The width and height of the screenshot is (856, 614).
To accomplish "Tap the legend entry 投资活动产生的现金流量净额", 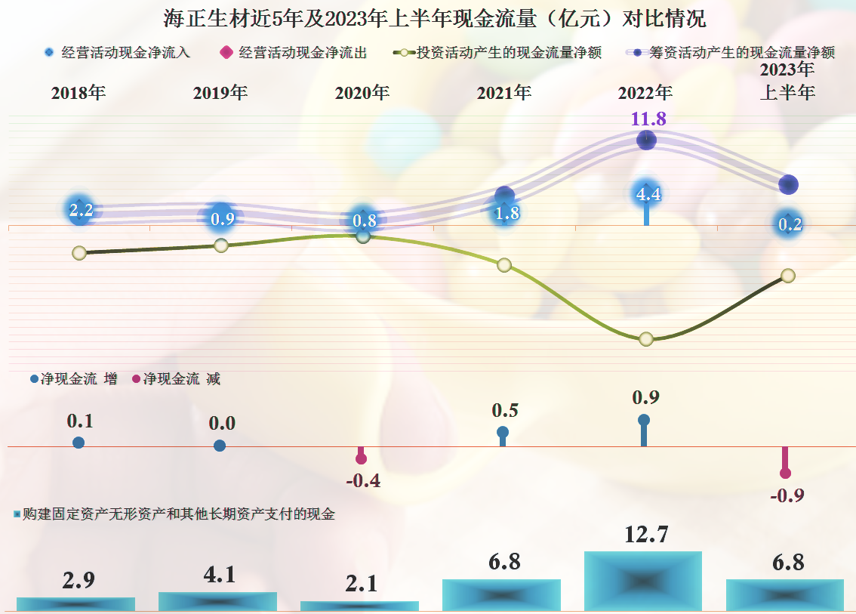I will pyautogui.click(x=498, y=53).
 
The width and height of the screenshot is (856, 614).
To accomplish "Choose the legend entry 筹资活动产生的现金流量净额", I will pyautogui.click(x=731, y=53).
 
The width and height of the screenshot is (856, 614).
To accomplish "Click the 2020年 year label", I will pyautogui.click(x=362, y=93).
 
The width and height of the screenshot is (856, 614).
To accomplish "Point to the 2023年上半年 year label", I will pyautogui.click(x=787, y=82).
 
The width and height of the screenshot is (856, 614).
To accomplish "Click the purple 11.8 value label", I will pyautogui.click(x=648, y=119).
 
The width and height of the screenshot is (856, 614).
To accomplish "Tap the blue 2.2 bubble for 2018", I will pyautogui.click(x=80, y=211).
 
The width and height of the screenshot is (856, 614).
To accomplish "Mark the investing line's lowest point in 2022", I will pyautogui.click(x=645, y=339).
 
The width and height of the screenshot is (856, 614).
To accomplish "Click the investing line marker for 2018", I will pyautogui.click(x=79, y=253).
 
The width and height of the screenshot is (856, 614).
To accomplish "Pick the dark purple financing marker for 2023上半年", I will pyautogui.click(x=788, y=184).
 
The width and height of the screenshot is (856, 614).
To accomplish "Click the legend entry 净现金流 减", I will pyautogui.click(x=177, y=379).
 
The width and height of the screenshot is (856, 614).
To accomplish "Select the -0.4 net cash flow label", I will pyautogui.click(x=362, y=481).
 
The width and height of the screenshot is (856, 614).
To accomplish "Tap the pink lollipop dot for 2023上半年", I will pyautogui.click(x=785, y=473).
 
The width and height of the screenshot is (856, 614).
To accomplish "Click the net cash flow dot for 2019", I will pyautogui.click(x=220, y=446).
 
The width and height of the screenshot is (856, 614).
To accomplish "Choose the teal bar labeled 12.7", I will pyautogui.click(x=643, y=581).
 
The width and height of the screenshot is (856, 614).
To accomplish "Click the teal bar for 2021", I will pyautogui.click(x=501, y=595).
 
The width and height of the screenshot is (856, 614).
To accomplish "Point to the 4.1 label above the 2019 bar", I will pyautogui.click(x=219, y=575).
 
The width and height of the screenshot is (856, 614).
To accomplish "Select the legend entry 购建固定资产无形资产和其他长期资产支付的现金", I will pyautogui.click(x=174, y=514).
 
